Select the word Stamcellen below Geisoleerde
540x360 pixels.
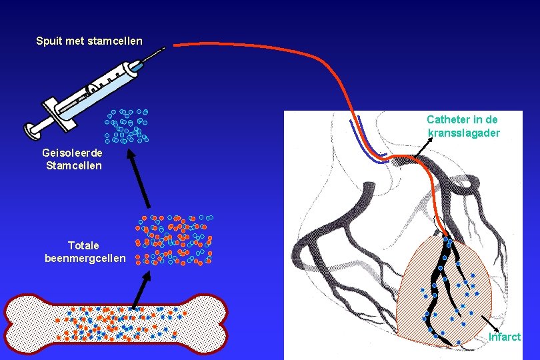73,165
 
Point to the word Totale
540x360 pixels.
84,246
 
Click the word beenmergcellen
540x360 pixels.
85,258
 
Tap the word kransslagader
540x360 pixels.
463,133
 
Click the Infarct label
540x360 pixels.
504,337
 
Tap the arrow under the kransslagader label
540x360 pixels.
421,149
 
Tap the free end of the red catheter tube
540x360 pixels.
175,45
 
